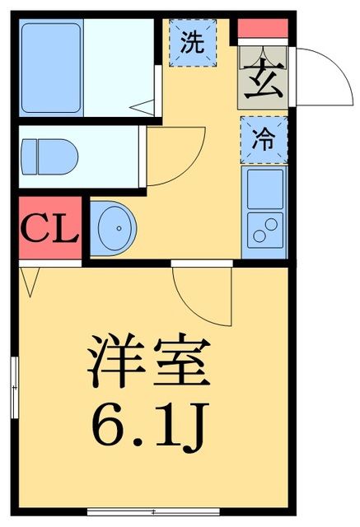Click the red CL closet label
49,228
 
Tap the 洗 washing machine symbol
192,43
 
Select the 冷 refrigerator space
264,139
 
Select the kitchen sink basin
264,189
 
